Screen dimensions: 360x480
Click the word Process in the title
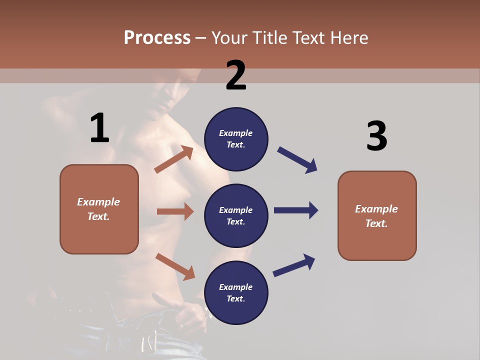coord(157,38)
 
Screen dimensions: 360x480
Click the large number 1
coord(99,128)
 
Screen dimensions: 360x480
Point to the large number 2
coord(236,75)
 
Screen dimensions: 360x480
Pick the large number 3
coord(376,136)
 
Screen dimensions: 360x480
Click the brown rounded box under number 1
coord(99,209)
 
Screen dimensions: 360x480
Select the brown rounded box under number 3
coord(377,215)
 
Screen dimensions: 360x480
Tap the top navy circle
coord(236,139)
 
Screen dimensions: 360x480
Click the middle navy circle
coord(236,215)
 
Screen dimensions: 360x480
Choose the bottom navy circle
coord(236,292)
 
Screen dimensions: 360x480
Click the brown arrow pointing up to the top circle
coord(174,159)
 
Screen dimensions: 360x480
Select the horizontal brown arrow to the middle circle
coord(175,211)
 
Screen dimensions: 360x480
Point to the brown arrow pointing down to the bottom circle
coord(175,266)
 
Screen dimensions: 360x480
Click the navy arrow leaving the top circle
coord(297,160)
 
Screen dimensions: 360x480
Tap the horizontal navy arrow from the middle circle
coord(296,210)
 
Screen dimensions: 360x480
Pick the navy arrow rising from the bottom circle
coord(294,265)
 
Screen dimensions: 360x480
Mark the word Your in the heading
coord(229,38)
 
